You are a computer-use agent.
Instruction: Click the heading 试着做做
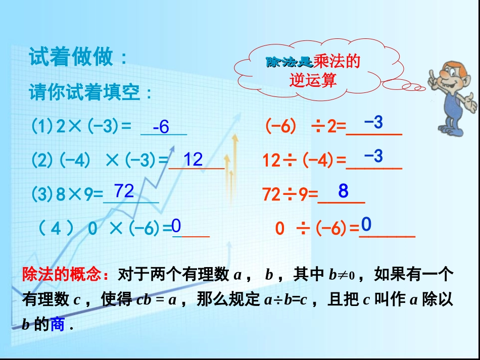point(78,58)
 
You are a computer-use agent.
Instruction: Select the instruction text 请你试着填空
point(90,93)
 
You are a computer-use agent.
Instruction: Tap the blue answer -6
point(161,127)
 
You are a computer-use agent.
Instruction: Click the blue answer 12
point(193,160)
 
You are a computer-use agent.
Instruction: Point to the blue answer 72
point(124,191)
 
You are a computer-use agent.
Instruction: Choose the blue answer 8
point(344,191)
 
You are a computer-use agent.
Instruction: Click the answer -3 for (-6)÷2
point(373,122)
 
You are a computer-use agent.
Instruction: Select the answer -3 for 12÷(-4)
point(373,156)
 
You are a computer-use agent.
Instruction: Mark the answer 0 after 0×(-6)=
point(176,226)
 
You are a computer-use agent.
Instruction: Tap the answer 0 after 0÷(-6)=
point(366,224)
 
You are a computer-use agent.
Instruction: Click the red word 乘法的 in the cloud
point(337,62)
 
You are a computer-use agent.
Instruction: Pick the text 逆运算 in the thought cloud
point(313,80)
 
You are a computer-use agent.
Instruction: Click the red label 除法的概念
point(65,275)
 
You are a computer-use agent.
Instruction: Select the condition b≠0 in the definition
point(342,275)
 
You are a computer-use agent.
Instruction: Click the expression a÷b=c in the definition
point(286,300)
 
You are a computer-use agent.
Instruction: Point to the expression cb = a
point(156,300)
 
